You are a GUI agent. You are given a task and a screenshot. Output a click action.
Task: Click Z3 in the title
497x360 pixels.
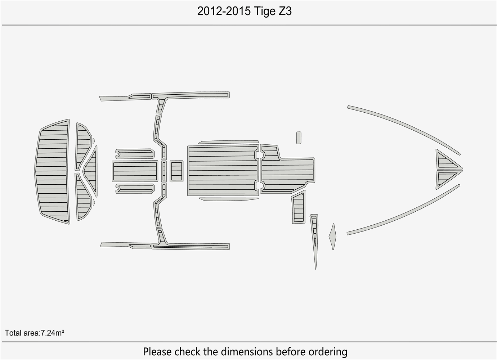pos(285,12)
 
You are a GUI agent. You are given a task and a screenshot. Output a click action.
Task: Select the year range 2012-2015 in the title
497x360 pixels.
pos(224,12)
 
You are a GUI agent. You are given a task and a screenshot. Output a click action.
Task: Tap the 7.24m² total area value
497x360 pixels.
pos(52,333)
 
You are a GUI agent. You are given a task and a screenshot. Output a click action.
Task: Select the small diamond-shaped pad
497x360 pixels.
pos(333,237)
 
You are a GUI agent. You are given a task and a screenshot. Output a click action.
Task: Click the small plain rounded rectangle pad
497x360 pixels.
pos(299,138)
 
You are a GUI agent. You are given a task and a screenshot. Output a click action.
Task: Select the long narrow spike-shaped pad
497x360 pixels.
pos(315,238)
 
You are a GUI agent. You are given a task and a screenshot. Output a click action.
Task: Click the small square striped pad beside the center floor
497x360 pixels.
pos(176,171)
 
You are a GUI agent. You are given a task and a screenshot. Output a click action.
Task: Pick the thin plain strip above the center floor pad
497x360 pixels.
pos(228,142)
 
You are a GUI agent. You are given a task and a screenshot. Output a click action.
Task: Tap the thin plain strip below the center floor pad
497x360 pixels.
pos(228,199)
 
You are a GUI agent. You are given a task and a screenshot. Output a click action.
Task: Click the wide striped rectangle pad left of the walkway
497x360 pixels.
pos(135,171)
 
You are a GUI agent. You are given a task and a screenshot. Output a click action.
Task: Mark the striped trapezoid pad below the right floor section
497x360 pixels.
pos(298,208)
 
